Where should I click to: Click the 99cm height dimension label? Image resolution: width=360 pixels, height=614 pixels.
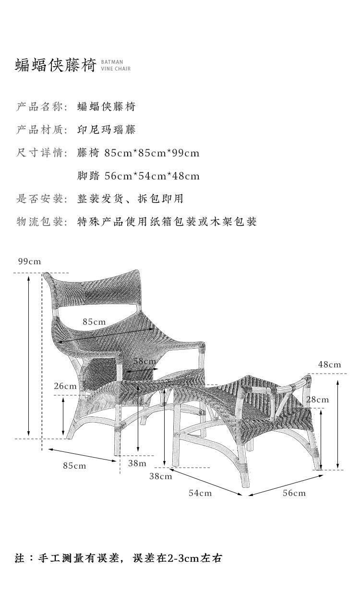(30, 261)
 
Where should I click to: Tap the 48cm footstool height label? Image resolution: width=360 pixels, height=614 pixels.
(330, 365)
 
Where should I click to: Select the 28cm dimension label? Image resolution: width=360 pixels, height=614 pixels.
(317, 400)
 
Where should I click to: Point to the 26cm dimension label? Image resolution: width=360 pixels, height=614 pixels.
(65, 386)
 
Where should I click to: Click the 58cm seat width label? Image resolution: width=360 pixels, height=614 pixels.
(144, 361)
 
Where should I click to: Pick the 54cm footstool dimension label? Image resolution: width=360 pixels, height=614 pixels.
(200, 493)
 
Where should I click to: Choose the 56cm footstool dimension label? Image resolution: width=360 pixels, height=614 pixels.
(294, 493)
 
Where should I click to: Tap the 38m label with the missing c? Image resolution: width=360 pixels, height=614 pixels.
(137, 463)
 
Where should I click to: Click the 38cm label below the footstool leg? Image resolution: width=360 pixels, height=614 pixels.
(160, 476)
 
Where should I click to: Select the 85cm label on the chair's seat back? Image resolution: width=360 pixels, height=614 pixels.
(94, 321)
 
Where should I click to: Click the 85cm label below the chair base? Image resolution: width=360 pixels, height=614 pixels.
(74, 466)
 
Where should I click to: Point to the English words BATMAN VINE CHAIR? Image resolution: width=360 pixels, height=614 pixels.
(116, 65)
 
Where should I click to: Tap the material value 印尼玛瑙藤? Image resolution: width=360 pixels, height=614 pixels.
(107, 130)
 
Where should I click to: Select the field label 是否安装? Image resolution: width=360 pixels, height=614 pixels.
(40, 199)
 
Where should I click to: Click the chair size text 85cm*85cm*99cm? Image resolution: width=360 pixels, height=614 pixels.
(152, 153)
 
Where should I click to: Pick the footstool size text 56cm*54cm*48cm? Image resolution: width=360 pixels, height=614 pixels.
(152, 176)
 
